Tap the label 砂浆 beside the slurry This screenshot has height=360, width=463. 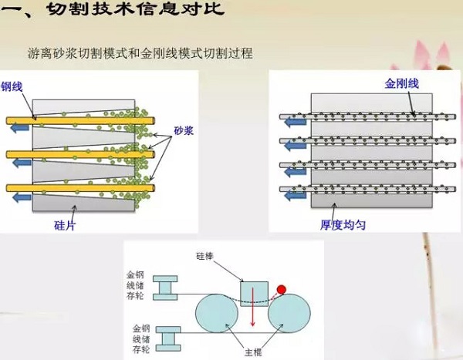[184, 131]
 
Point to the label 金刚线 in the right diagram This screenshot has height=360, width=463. [401, 84]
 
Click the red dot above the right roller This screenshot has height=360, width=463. [281, 289]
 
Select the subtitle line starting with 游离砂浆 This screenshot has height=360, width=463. [139, 55]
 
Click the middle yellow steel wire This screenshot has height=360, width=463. [77, 154]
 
